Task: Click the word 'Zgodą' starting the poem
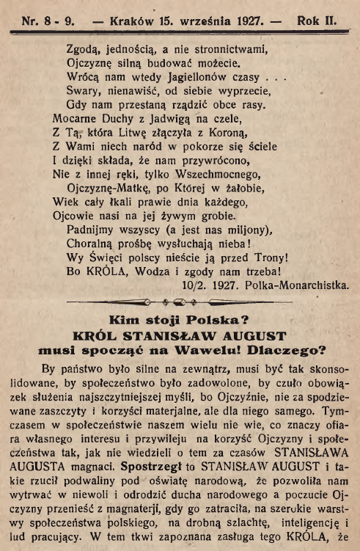86,49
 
